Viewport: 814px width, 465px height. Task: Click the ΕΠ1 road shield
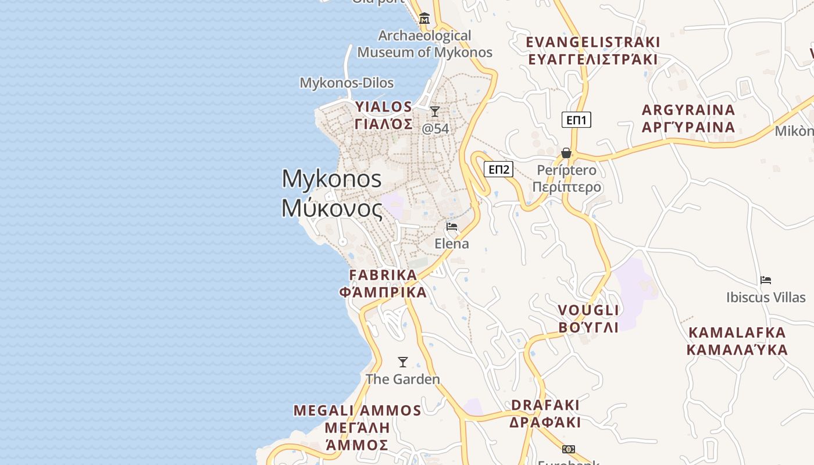tap(576, 120)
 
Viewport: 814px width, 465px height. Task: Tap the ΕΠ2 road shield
tap(499, 169)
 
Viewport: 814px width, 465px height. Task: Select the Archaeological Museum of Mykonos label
tap(424, 44)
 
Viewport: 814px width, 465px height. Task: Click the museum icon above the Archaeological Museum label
tap(424, 19)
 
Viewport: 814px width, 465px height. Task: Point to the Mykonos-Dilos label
tap(347, 83)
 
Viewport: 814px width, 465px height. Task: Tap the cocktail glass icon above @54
tap(435, 111)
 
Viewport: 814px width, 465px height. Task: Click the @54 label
tap(435, 128)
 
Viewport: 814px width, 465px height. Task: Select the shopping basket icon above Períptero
tap(566, 153)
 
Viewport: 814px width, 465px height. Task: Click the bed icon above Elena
tap(452, 227)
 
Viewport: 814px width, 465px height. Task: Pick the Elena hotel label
tap(452, 244)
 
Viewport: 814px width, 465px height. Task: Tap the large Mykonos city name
tap(332, 193)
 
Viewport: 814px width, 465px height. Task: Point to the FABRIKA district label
tap(383, 283)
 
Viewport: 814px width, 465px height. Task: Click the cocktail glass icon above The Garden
tap(402, 362)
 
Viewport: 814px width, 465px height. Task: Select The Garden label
tap(402, 380)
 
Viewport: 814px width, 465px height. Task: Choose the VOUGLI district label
tap(588, 318)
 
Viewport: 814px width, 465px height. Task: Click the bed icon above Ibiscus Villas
tap(766, 280)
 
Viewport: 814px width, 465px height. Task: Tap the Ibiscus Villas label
tap(766, 298)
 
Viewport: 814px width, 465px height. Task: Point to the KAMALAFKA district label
tap(737, 341)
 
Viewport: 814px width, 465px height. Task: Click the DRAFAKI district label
tap(545, 413)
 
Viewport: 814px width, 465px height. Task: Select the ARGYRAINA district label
tap(688, 118)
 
